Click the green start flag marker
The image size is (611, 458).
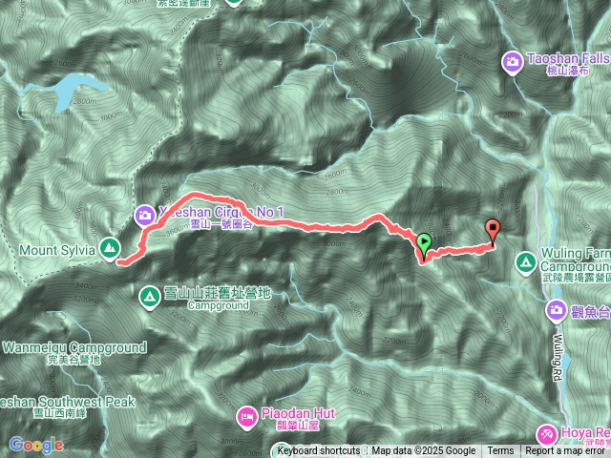tap(424, 242)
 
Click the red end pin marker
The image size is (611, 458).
tap(493, 229)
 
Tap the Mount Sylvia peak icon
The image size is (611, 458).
tap(111, 249)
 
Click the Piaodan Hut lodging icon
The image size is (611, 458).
tap(246, 415)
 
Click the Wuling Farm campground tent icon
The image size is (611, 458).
tap(526, 260)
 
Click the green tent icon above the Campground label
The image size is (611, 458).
tap(150, 297)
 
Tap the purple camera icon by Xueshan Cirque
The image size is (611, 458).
tap(144, 215)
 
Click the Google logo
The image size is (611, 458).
tap(36, 445)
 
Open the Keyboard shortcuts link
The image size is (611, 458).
tap(318, 451)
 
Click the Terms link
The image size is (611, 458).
tap(500, 451)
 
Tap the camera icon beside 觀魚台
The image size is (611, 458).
tap(557, 309)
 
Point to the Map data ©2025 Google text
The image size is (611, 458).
tap(424, 451)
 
